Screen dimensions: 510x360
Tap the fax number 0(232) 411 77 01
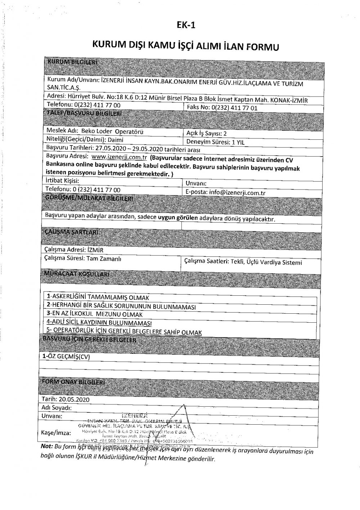234,108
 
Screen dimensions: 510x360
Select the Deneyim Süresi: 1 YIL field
215,142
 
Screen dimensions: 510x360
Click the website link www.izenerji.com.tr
118,157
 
